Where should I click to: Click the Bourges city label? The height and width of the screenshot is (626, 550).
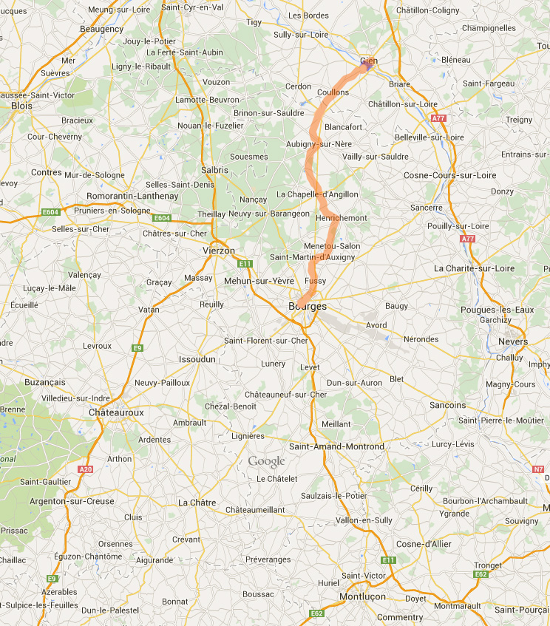point(308,306)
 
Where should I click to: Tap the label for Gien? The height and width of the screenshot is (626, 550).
point(369,61)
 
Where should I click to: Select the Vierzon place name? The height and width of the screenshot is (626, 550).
point(218,251)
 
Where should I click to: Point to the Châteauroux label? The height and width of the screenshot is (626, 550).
point(116,412)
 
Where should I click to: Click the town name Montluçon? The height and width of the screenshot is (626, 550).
point(364,596)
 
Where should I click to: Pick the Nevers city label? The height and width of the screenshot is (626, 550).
point(514,342)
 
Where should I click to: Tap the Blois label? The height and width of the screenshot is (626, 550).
point(22,106)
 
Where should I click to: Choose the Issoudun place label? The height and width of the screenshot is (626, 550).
point(197,359)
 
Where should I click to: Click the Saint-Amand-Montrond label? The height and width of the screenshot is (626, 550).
point(336,446)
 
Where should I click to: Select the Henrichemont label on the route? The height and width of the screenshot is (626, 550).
point(341,218)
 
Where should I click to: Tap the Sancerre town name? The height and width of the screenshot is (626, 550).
point(426,208)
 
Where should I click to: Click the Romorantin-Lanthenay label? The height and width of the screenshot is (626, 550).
point(133,196)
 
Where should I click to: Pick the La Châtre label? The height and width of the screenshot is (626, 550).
point(197,503)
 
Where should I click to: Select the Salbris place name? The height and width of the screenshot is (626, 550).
point(215,170)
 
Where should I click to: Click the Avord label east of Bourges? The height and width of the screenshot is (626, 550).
point(376,324)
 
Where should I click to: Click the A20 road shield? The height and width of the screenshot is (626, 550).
point(85,469)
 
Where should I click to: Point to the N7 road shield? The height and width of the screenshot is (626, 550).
point(538,469)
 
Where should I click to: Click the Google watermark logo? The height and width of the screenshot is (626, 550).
point(266,462)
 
